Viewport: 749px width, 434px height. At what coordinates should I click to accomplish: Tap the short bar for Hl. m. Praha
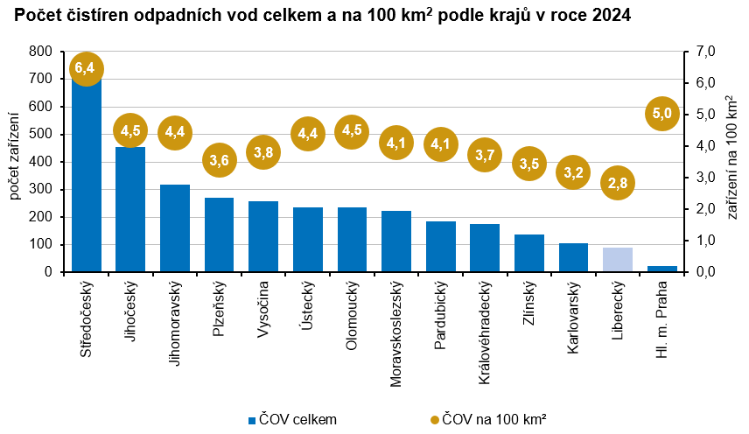tap(662, 269)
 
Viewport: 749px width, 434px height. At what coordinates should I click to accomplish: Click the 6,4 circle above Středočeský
tap(86, 67)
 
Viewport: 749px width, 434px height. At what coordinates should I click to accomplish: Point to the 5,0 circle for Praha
tap(662, 113)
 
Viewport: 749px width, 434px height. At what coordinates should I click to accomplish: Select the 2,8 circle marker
tap(618, 183)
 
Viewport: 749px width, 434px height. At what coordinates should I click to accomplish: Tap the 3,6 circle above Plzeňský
tap(220, 159)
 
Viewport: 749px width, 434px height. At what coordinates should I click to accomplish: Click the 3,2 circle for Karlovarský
tap(573, 171)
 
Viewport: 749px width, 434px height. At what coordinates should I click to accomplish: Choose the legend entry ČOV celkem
tap(293, 419)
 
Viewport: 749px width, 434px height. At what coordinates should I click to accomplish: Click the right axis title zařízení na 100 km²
tap(732, 162)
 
